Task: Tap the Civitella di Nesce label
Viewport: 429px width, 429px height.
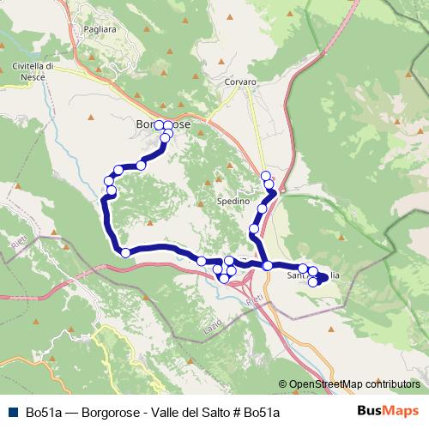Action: pyautogui.click(x=33, y=69)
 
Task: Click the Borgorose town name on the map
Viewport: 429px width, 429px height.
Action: pyautogui.click(x=162, y=124)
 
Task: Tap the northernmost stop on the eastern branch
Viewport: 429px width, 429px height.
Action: pyautogui.click(x=265, y=176)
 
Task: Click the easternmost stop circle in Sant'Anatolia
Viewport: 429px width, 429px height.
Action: pyautogui.click(x=323, y=276)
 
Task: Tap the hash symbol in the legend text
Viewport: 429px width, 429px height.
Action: pyautogui.click(x=235, y=412)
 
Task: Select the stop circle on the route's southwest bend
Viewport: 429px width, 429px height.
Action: pyautogui.click(x=125, y=252)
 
